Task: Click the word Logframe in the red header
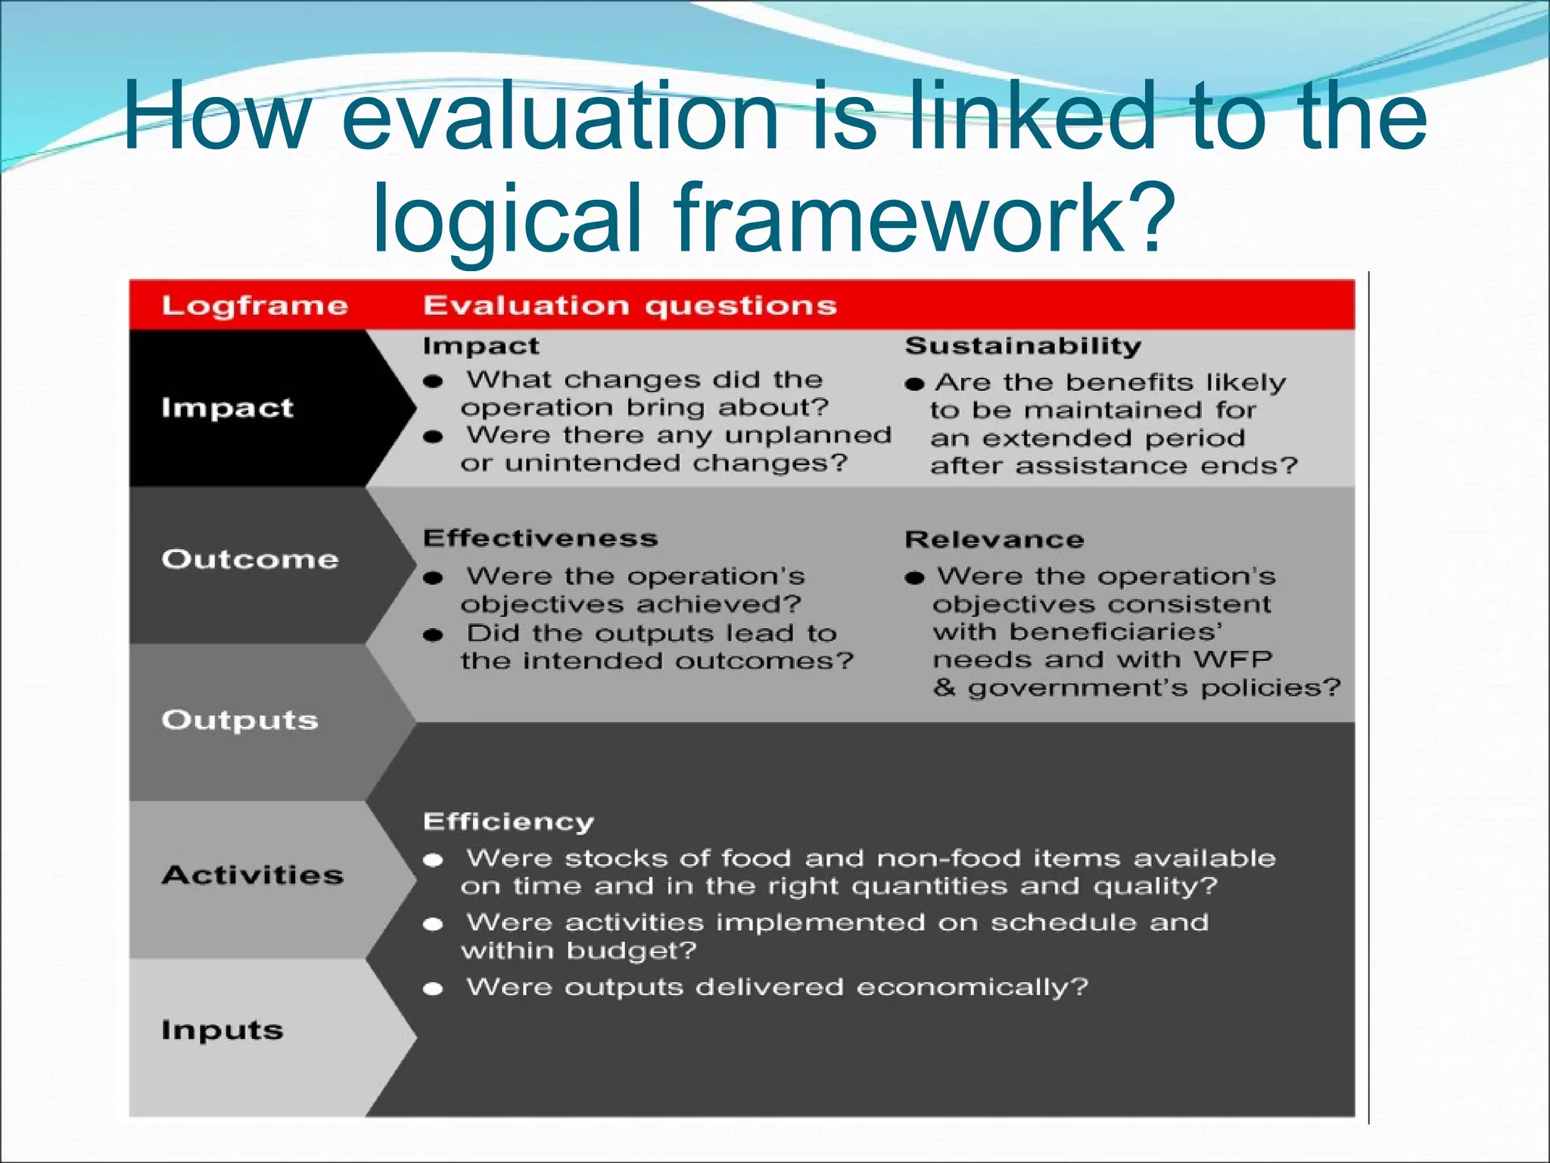click(x=254, y=306)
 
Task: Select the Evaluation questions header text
click(x=630, y=306)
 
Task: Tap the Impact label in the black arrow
click(x=227, y=408)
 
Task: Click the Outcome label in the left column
click(x=250, y=559)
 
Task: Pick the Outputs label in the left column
click(x=240, y=720)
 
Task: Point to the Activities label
click(x=253, y=875)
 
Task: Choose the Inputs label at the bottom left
click(x=223, y=1030)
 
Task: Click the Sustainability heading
click(x=1023, y=346)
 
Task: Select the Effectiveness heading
click(x=540, y=538)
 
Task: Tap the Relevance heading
click(x=994, y=540)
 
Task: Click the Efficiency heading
click(x=509, y=822)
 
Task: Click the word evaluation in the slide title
click(x=560, y=117)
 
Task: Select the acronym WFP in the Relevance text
click(x=1233, y=659)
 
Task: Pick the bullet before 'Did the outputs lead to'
click(x=433, y=635)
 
